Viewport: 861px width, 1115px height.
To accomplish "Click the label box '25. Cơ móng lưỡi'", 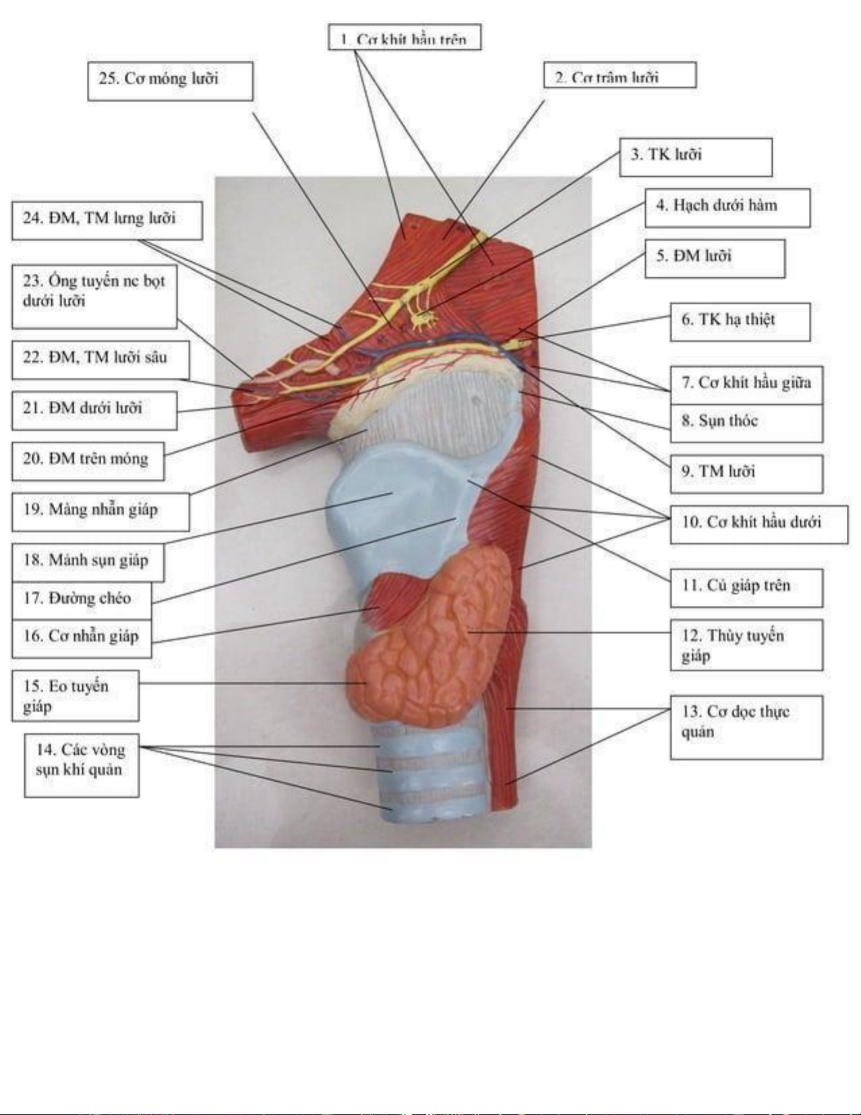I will click(x=170, y=81).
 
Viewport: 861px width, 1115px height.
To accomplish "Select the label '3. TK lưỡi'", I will click(x=695, y=157).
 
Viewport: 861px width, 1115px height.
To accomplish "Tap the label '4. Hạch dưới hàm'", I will click(x=727, y=208).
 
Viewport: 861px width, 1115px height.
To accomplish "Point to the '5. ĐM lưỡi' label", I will click(x=714, y=258).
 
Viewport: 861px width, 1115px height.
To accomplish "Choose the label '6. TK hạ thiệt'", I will click(x=740, y=321).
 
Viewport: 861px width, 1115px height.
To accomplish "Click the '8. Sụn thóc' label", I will click(x=746, y=422).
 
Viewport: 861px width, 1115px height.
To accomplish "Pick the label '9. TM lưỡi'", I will click(x=746, y=473).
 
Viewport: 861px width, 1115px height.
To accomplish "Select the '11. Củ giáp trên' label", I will click(x=746, y=587).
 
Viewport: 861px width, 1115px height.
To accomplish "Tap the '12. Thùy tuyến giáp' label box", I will click(x=746, y=645).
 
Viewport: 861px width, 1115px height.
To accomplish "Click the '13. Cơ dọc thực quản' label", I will click(x=746, y=726).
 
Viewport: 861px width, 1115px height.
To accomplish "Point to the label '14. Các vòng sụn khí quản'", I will click(x=82, y=765).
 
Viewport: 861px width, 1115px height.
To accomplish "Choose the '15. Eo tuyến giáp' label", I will click(x=75, y=695).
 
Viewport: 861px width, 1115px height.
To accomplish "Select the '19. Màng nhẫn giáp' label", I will click(x=100, y=511).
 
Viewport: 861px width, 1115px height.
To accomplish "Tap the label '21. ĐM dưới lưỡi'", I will click(x=94, y=410).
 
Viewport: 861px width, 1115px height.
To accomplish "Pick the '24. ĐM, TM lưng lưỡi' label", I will click(x=107, y=220).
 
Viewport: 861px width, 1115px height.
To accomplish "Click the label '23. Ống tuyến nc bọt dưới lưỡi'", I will click(x=94, y=296).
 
